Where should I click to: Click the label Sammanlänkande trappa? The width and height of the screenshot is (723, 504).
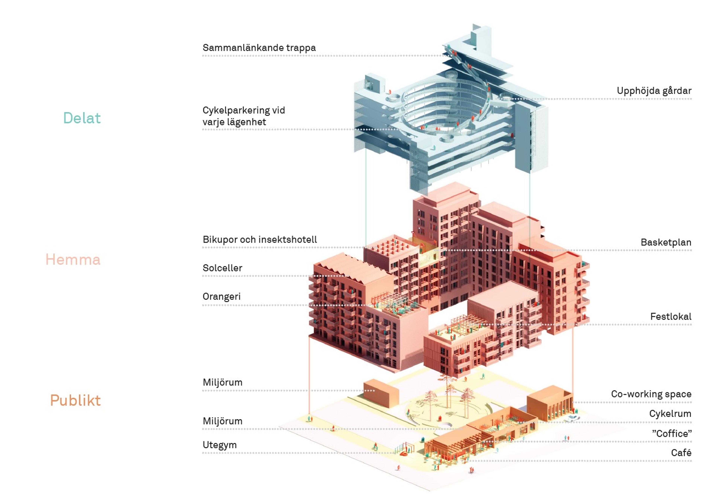tap(259, 48)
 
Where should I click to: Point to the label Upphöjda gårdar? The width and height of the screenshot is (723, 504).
tap(654, 91)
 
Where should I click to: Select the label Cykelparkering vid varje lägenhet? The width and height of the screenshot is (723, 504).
tap(244, 116)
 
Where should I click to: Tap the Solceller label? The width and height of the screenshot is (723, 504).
tap(222, 268)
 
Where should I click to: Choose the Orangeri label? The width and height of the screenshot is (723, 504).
tap(221, 297)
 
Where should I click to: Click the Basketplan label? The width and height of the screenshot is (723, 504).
tap(666, 243)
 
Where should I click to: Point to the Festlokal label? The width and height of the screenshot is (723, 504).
tap(671, 317)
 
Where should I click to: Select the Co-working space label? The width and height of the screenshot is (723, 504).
tap(651, 394)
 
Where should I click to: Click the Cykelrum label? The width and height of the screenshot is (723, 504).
tap(670, 414)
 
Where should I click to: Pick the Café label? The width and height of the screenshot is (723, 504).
tap(681, 453)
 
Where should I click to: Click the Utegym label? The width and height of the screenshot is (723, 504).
tap(220, 445)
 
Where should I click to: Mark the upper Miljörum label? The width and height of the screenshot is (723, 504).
tap(223, 383)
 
